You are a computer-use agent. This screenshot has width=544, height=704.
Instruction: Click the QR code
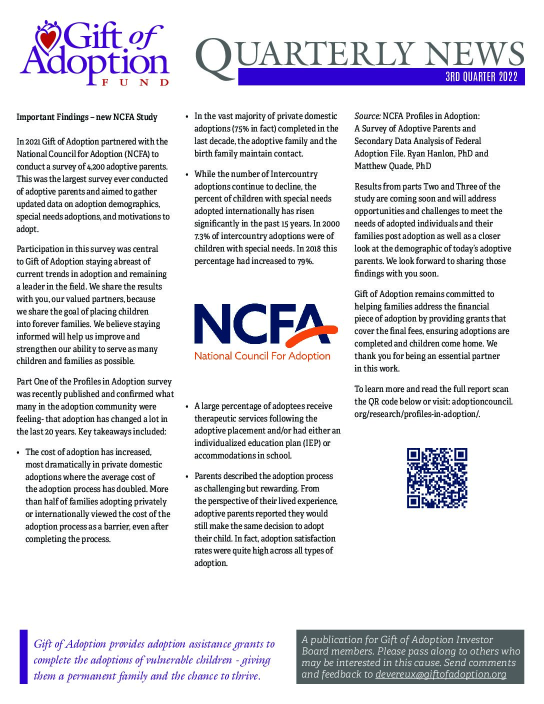tap(437, 478)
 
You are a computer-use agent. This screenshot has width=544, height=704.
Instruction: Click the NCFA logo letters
tap(260, 323)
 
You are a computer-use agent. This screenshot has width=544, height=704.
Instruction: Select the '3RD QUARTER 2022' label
tap(481, 77)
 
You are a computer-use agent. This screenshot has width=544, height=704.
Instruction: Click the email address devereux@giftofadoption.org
tap(440, 674)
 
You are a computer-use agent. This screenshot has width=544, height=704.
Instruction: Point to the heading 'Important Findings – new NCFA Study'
tap(87, 117)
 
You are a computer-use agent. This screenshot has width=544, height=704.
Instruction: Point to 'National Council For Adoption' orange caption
tap(262, 356)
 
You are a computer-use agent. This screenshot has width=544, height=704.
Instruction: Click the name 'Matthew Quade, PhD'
tap(392, 166)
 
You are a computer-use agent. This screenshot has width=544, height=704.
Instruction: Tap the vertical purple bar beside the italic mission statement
tap(23, 656)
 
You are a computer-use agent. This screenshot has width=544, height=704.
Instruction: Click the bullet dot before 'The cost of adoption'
tap(19, 452)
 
